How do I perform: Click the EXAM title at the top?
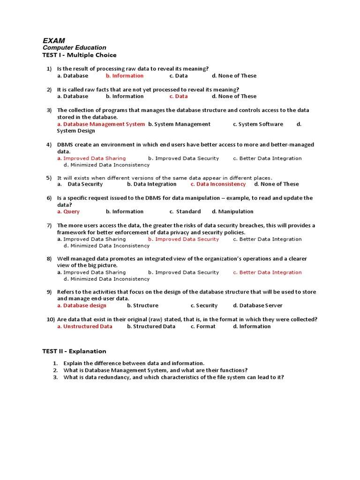click(x=54, y=41)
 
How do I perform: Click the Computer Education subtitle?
click(x=74, y=48)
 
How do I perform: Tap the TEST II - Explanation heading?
click(x=74, y=351)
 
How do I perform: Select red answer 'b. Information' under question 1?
click(x=125, y=75)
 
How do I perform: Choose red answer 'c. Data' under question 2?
click(x=179, y=96)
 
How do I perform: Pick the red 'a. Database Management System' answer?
click(x=101, y=124)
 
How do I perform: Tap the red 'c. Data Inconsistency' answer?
click(x=218, y=184)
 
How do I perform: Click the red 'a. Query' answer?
click(x=68, y=211)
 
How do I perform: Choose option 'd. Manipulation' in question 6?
click(x=232, y=211)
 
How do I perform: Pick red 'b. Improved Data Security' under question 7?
click(x=183, y=239)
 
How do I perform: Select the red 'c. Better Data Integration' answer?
click(x=267, y=272)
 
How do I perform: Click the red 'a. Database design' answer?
click(x=82, y=306)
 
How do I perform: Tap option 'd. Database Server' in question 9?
click(x=257, y=306)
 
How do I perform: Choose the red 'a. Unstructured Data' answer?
click(x=84, y=326)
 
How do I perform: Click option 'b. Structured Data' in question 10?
click(x=151, y=326)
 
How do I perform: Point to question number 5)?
click(x=49, y=178)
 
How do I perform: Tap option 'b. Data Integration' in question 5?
click(x=151, y=184)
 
